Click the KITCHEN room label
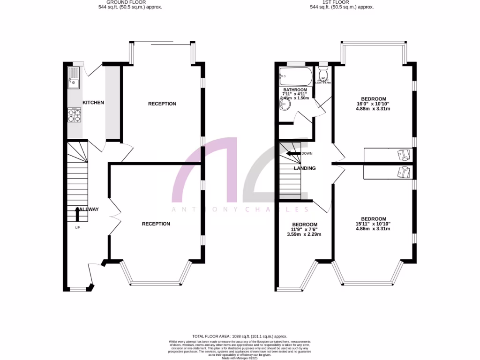[x=93, y=103]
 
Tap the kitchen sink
[x=74, y=78]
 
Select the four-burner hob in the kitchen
[x=74, y=115]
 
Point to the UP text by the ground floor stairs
[x=77, y=228]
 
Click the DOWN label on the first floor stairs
[x=307, y=154]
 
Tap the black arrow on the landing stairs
[x=294, y=153]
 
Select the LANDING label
[x=305, y=168]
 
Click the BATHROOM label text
[x=295, y=90]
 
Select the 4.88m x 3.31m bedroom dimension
[x=373, y=109]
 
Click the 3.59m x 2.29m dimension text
[x=304, y=234]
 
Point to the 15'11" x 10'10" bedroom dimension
[x=373, y=224]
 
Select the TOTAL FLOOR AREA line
[x=240, y=337]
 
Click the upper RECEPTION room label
[x=162, y=104]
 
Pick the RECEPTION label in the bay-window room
[x=156, y=224]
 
